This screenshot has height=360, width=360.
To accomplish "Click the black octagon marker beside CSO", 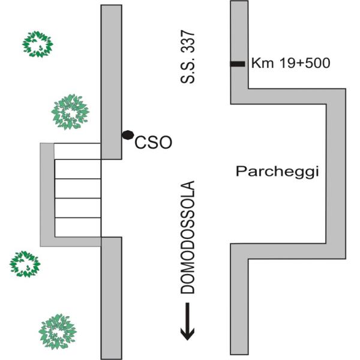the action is point(128,135).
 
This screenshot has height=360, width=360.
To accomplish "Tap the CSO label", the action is point(153,143).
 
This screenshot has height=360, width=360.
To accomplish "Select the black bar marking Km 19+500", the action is point(238,64).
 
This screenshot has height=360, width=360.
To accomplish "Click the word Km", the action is point(262,63).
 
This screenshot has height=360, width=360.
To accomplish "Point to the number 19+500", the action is point(305,63).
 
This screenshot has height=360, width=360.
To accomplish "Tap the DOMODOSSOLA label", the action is point(188,238).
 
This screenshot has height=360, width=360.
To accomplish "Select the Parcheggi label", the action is point(277,172).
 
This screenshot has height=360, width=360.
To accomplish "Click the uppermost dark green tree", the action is point(38,44).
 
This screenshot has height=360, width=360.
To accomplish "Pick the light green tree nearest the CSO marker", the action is point(70,112).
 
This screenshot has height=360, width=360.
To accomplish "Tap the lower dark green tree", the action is point(25,264).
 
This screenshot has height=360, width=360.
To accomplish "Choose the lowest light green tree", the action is point(58,332).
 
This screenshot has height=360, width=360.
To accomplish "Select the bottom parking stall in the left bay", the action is point(77,227).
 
